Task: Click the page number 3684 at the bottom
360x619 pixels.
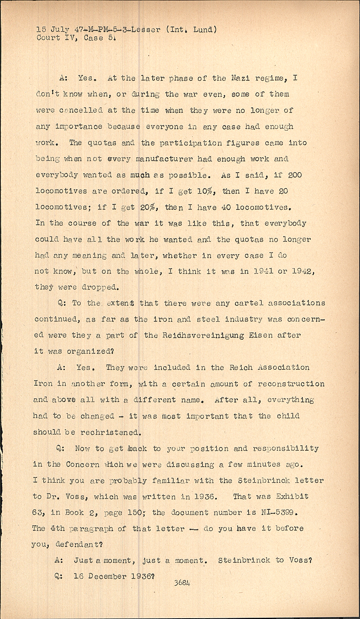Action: click(x=182, y=583)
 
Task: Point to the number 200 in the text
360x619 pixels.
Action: click(x=295, y=175)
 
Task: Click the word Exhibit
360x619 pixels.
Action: click(x=292, y=496)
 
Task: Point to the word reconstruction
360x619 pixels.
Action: click(x=291, y=384)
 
